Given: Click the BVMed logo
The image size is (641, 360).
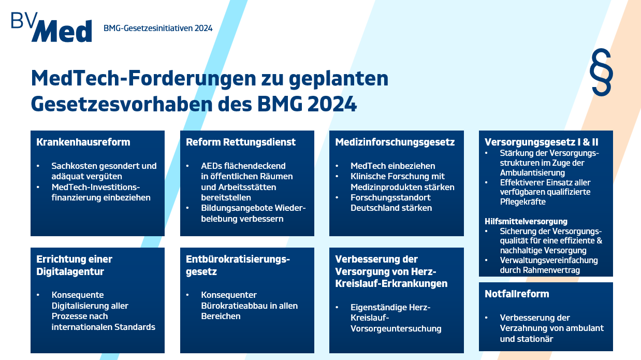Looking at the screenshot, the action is pos(51,27).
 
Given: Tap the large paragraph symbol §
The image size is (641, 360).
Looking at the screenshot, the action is pos(601,72).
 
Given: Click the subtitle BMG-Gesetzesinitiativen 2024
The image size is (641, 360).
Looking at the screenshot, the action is pos(158,28).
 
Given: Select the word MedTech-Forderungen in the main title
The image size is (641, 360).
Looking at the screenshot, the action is pos(143,78).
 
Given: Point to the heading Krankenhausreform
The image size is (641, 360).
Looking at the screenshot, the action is pos(83,142).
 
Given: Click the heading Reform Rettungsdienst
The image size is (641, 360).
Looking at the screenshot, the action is pos(241,142).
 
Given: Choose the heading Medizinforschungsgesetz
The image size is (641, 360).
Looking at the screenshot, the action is pos(395,142).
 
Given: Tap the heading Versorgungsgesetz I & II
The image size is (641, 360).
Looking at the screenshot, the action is pos(542,142).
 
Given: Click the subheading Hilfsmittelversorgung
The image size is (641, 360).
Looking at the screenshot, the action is pos(526,221).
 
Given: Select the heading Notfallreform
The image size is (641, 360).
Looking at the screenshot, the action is pos(517,294).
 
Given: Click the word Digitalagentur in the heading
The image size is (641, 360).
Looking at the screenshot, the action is pos(70,271).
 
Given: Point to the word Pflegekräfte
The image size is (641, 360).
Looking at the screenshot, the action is pos(523,201).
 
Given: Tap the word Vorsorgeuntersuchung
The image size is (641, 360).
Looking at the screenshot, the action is pos(396,328).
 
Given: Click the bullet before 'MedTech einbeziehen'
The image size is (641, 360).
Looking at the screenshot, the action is pos(337,166).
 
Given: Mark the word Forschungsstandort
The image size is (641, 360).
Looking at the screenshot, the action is pos(390,197).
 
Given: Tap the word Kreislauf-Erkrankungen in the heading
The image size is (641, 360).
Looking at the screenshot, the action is pos(391,283).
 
